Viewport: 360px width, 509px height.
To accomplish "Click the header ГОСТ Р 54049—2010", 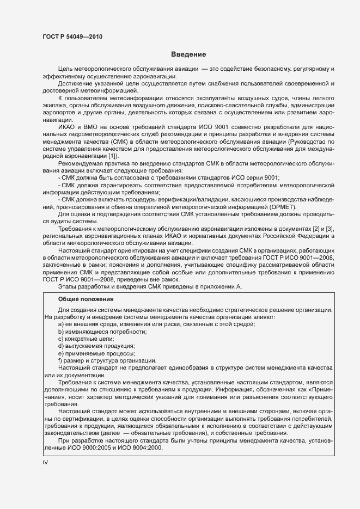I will tap(72, 37).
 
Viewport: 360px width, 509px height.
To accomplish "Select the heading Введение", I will tap(188, 54).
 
